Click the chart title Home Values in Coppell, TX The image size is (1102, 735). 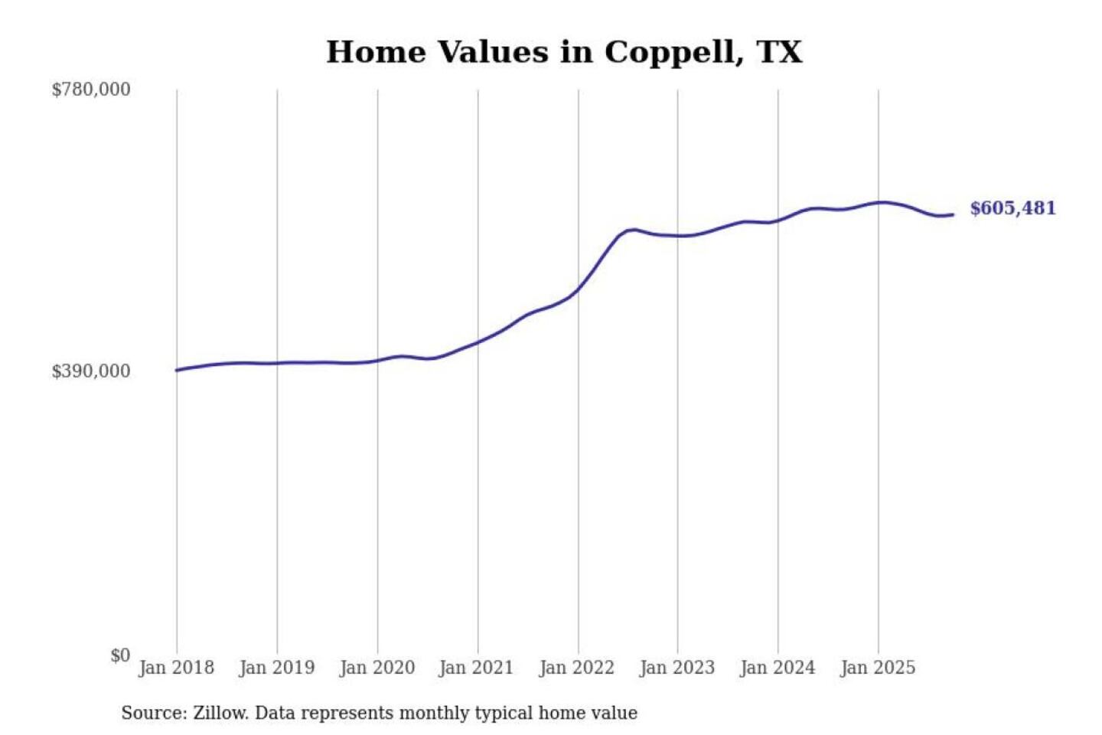564,52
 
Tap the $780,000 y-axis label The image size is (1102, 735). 91,90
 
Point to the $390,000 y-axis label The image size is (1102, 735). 91,371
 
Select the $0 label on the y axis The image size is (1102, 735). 120,655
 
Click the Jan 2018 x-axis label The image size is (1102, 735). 177,668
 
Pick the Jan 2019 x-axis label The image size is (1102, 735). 277,668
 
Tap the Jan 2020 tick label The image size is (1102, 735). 377,668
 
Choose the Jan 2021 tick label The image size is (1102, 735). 476,668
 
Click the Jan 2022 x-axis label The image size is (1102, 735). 577,668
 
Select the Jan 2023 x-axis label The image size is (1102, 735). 677,668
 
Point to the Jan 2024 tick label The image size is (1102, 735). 778,668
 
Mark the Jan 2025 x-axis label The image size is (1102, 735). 878,668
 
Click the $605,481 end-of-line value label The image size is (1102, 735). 1012,208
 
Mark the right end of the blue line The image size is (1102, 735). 953,214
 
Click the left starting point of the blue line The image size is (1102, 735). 177,371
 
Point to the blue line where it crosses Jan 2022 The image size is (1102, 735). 579,289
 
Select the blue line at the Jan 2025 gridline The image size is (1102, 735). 879,203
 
